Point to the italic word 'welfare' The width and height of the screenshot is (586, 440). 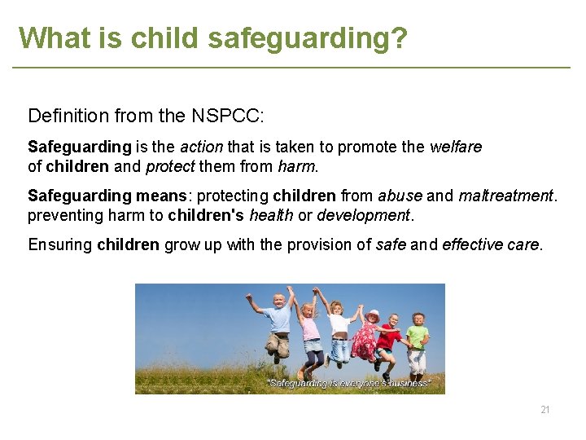(x=455, y=147)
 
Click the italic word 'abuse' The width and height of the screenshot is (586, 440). (x=400, y=196)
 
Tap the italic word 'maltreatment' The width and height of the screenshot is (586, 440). (x=505, y=196)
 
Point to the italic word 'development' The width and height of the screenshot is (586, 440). (x=363, y=216)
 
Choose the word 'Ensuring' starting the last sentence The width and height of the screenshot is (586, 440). (x=60, y=245)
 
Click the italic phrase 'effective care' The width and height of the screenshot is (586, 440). (x=490, y=245)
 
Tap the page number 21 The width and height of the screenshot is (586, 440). (x=545, y=409)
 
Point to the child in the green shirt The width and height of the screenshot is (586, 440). (x=418, y=338)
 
